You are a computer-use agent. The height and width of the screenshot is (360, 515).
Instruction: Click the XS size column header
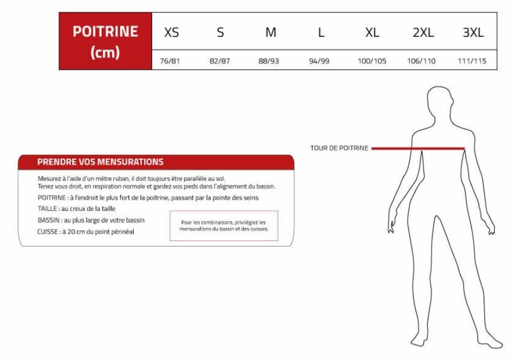pos(172,32)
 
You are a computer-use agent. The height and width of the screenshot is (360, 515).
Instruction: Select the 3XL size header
pos(473,32)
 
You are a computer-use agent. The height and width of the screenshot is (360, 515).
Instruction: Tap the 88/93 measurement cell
pos(268,61)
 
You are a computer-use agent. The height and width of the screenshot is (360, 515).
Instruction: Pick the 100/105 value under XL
pos(372,61)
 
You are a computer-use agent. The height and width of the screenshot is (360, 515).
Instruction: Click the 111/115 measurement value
pos(472,61)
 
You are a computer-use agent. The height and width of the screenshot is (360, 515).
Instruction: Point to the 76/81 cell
pos(170,61)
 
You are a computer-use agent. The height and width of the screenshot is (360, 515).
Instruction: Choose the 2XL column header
pos(423,32)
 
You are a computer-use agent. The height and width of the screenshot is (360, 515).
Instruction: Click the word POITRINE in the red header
pos(105,31)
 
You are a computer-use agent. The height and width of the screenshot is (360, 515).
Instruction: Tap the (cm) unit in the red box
pos(105,53)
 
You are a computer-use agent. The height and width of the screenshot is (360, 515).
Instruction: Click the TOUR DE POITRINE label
pos(339,148)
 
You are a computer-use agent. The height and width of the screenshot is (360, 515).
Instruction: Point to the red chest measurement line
pos(418,149)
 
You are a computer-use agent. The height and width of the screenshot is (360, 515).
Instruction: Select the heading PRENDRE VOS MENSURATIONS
pos(100,162)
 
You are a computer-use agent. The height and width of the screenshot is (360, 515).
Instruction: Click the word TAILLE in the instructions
pos(48,209)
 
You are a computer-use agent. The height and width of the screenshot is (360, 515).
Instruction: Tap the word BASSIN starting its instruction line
pos(49,220)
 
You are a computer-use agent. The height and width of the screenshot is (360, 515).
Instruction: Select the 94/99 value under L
pos(319,61)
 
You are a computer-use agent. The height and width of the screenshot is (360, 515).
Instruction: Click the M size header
pos(271,32)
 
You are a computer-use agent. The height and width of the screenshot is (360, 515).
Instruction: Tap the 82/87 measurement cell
pos(220,61)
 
